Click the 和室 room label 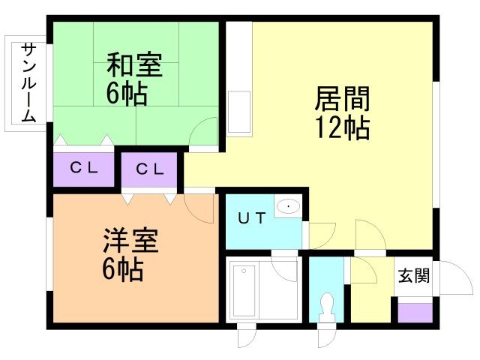pyautogui.click(x=134, y=64)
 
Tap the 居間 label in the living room pyautogui.click(x=341, y=99)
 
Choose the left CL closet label pyautogui.click(x=84, y=169)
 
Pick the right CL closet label pyautogui.click(x=150, y=169)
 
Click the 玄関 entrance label pyautogui.click(x=413, y=276)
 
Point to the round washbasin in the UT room pyautogui.click(x=287, y=206)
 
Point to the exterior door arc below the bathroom pyautogui.click(x=247, y=338)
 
